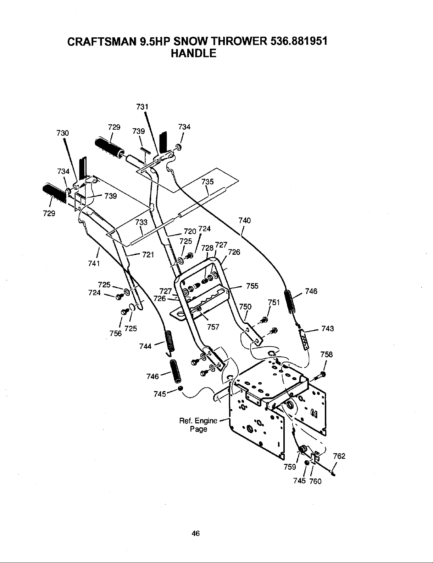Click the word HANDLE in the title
pos(193,53)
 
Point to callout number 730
pos(62,133)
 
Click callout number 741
pos(94,264)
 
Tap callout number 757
pos(213,327)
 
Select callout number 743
pos(328,329)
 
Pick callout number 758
pos(326,354)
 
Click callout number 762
pos(339,456)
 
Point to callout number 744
pos(146,346)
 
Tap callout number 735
pos(207,182)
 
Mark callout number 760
pos(315,482)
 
